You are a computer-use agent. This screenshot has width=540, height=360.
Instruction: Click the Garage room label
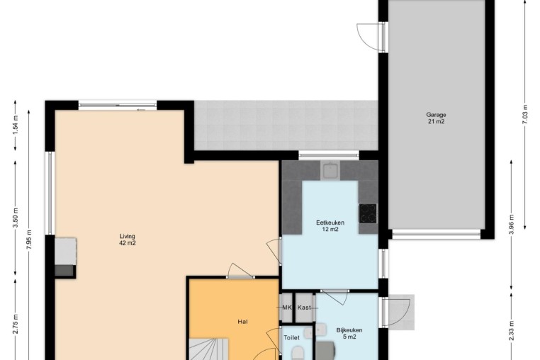[x=436, y=118]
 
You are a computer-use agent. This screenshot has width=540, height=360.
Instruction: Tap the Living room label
[x=128, y=240]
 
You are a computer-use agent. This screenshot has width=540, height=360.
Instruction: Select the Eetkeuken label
[x=330, y=225]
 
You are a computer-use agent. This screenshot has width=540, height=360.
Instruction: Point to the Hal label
[x=242, y=322]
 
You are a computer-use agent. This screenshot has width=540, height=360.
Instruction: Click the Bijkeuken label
[x=349, y=334]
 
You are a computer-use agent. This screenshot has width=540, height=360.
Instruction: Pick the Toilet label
[x=291, y=337]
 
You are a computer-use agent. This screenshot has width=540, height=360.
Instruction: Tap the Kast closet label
[x=304, y=308]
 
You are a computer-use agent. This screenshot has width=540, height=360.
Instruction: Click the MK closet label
[x=287, y=308]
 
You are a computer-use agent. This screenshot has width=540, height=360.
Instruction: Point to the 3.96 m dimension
[x=511, y=224]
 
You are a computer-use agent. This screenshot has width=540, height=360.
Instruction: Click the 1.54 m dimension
[x=15, y=125]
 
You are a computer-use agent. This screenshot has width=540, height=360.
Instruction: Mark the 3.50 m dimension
[x=15, y=218]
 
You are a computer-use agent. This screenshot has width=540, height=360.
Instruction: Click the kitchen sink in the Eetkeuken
[x=330, y=170]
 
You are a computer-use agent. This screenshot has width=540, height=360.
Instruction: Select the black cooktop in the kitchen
[x=368, y=213]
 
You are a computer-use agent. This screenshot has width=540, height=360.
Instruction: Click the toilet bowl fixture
[x=298, y=354]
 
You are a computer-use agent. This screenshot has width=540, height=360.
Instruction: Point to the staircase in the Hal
[x=208, y=349]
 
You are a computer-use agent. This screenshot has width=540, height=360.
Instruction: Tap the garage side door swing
[x=369, y=37]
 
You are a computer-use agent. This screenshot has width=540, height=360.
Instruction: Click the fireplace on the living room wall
[x=65, y=257]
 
